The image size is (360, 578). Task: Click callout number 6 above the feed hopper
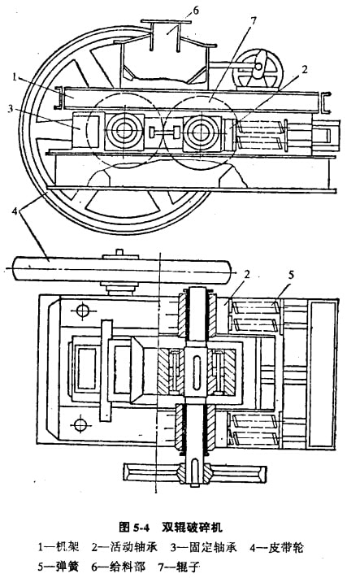tap(196, 11)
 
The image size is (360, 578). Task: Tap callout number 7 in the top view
tap(253, 21)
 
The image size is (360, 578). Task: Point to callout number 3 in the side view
tap(11, 109)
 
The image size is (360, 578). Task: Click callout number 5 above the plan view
tap(291, 276)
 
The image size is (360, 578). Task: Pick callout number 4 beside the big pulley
tap(15, 211)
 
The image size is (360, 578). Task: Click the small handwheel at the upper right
tap(260, 72)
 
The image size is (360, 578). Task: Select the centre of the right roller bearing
tap(200, 131)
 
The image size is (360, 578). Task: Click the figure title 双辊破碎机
tap(193, 527)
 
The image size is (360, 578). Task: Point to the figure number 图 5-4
tap(134, 527)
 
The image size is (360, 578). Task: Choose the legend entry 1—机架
tap(59, 546)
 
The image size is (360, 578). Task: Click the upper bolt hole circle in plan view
tap(83, 310)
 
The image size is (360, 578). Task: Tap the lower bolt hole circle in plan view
tap(80, 424)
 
